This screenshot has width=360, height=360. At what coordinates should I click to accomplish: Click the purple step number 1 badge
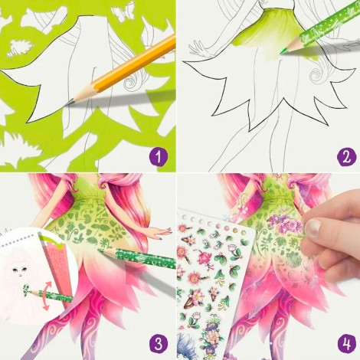coord(159,157)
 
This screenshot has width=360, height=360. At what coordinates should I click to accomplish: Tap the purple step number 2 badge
coord(346,157)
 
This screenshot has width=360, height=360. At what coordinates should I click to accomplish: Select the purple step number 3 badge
coord(159,344)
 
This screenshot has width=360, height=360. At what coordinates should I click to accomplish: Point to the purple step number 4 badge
coord(346,344)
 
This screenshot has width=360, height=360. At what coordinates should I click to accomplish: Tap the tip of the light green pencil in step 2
coord(282,52)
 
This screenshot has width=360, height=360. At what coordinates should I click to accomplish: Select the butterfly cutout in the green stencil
coord(123,11)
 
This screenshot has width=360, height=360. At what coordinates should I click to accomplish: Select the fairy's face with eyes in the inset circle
coord(20,270)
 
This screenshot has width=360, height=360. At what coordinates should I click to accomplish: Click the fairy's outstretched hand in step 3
coord(161,232)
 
